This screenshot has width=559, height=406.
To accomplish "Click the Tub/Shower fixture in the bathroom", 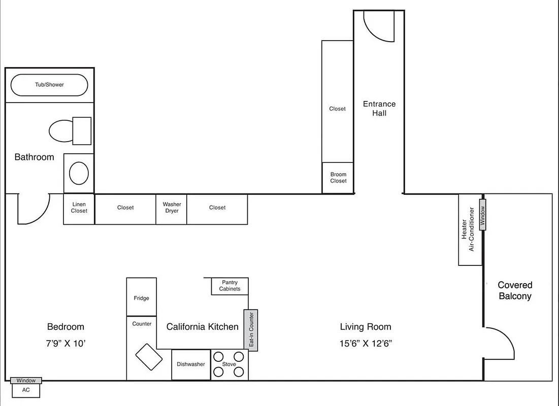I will (49, 85).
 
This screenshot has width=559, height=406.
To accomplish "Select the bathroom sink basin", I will (79, 173).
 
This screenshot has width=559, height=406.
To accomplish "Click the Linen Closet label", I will (79, 208).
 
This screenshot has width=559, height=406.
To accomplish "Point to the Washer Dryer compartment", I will (172, 208).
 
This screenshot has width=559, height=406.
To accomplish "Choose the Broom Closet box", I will (338, 178).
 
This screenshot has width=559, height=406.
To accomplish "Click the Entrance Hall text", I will (379, 109).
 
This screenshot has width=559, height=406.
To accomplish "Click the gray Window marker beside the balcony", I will (483, 215).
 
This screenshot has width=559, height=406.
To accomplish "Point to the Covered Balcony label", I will (515, 291).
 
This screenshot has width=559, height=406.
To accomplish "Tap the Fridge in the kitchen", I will (141, 297).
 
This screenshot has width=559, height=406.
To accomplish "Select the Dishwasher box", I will (191, 364).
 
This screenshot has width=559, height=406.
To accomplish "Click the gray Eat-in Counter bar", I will (251, 330).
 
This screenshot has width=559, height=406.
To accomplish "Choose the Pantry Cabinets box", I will (229, 286).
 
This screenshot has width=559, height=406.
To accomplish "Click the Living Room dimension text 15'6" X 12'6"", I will (366, 343).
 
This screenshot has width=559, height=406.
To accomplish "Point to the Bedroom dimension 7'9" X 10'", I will (65, 343).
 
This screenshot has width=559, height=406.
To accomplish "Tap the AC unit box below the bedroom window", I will (25, 390).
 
